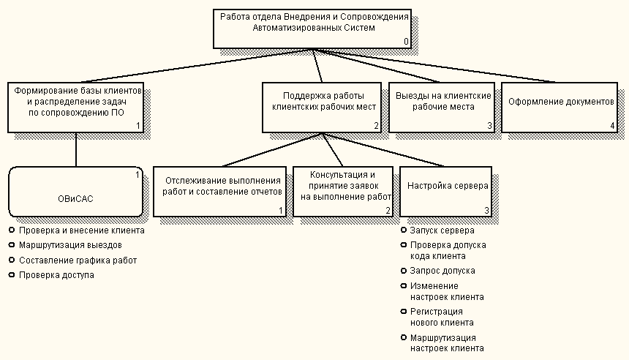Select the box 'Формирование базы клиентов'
pyautogui.click(x=76, y=107)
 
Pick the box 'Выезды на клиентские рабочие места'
pyautogui.click(x=441, y=107)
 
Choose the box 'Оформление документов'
pyautogui.click(x=560, y=107)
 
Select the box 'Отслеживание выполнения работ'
pyautogui.click(x=219, y=191)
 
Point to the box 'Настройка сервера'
pyautogui.click(x=445, y=191)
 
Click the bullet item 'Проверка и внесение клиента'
pyautogui.click(x=82, y=230)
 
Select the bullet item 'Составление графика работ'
pyautogui.click(x=78, y=260)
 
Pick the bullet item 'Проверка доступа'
pyautogui.click(x=57, y=275)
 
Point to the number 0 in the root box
pyautogui.click(x=407, y=42)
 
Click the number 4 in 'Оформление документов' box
pyautogui.click(x=613, y=126)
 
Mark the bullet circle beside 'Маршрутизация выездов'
pyautogui.click(x=12, y=245)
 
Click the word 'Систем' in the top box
pyautogui.click(x=358, y=28)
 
